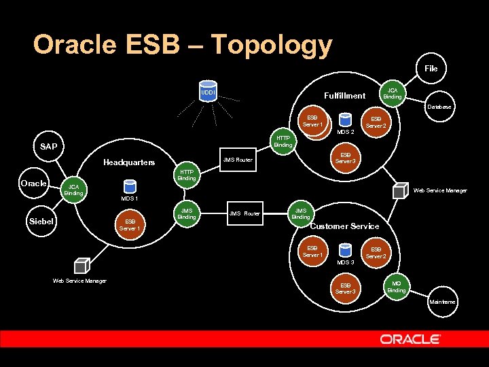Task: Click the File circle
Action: (x=431, y=69)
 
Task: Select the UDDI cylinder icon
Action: (x=208, y=92)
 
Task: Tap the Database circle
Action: (x=437, y=107)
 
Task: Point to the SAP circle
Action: (x=48, y=147)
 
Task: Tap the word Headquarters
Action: (x=129, y=162)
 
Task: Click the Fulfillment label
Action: (x=344, y=96)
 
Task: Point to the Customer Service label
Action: (x=344, y=226)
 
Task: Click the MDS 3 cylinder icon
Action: (x=344, y=249)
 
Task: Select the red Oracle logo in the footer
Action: (x=410, y=338)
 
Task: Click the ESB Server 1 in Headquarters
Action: (x=130, y=224)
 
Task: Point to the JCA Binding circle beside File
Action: (x=392, y=93)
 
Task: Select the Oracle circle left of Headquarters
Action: (x=33, y=183)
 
